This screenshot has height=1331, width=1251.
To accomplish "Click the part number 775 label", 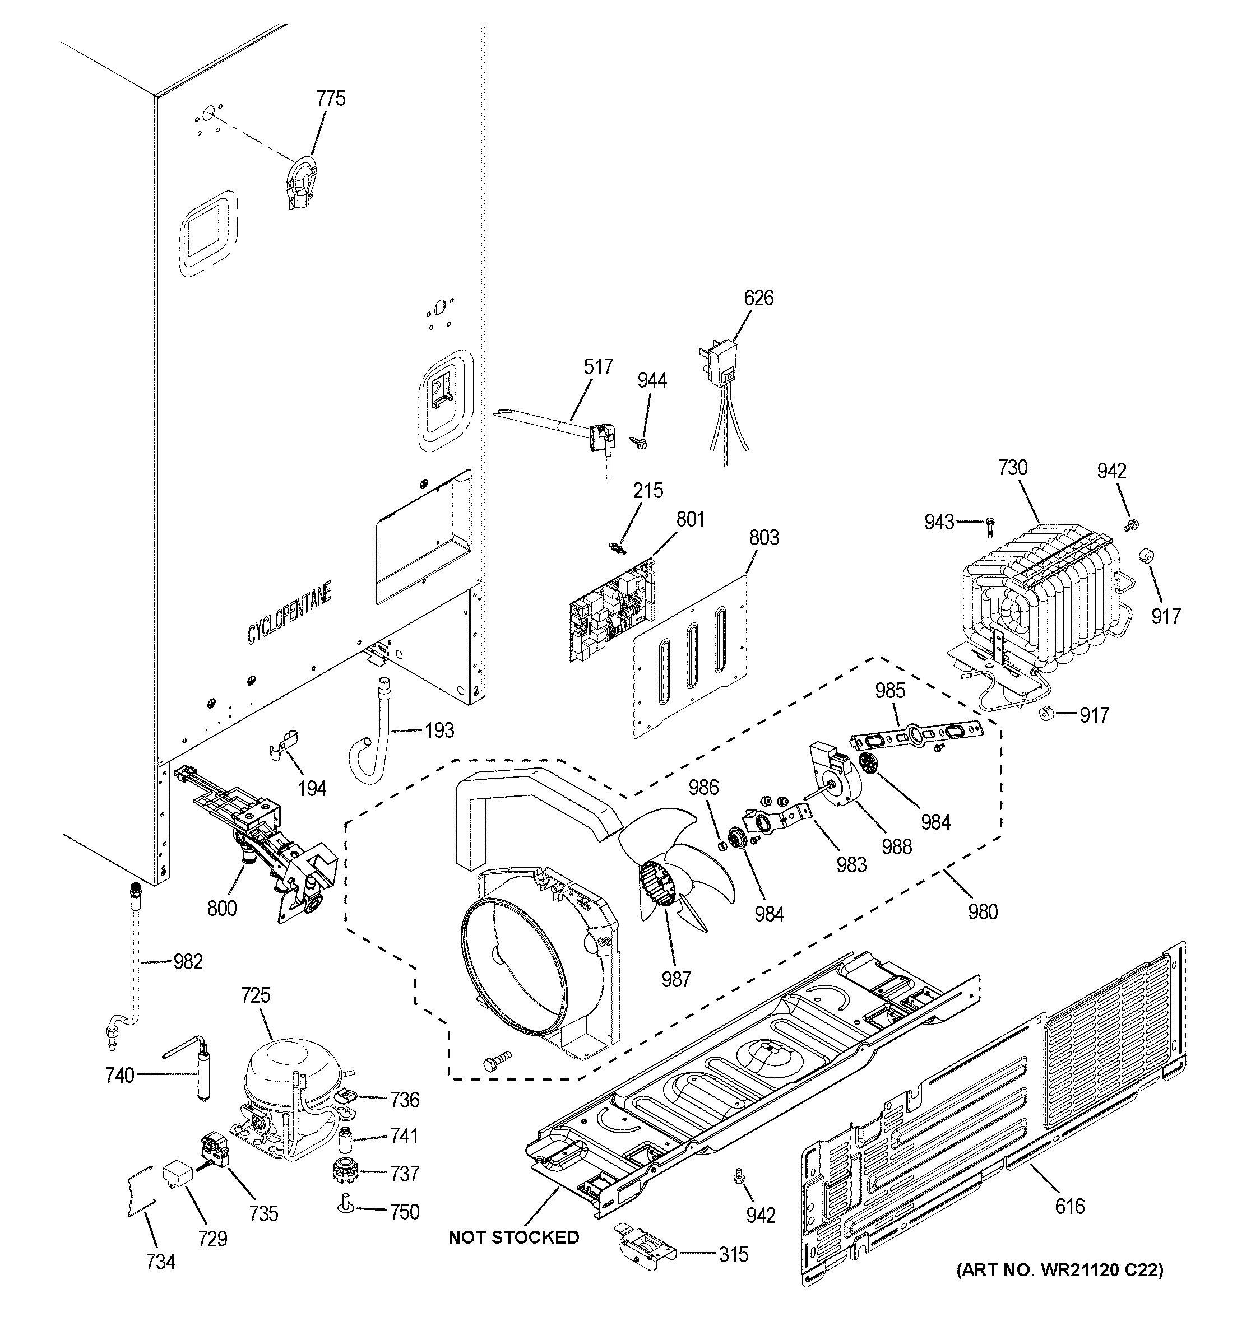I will coord(331,99).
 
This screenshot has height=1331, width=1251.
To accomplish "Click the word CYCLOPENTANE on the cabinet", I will coord(289,615).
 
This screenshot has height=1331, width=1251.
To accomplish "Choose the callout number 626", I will coord(758,298).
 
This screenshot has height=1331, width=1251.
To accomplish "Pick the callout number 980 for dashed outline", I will coord(983,911).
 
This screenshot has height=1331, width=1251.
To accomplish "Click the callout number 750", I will coord(405,1212).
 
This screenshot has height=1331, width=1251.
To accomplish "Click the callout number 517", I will coord(598,367).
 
